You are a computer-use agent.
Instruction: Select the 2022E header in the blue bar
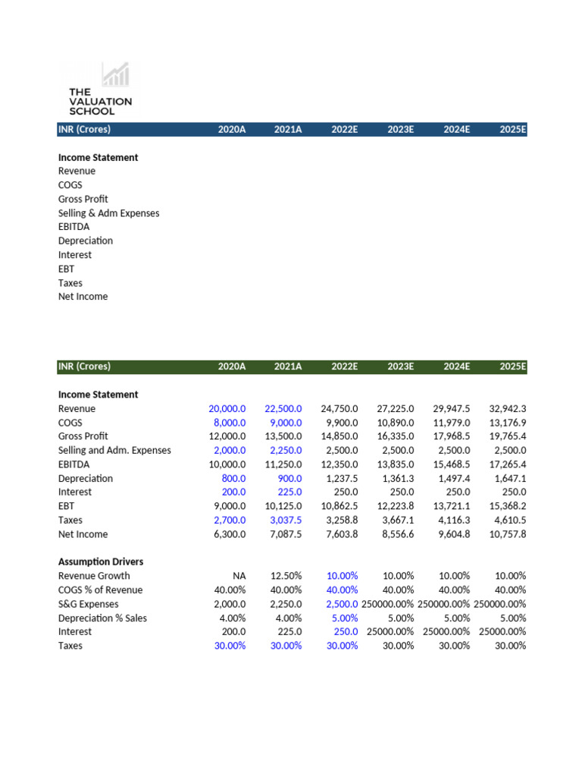point(344,130)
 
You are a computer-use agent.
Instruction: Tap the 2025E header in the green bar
point(513,366)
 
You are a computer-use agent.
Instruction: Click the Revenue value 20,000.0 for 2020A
point(227,409)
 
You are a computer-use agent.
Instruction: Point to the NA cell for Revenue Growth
point(239,576)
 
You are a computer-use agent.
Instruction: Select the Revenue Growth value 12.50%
point(286,576)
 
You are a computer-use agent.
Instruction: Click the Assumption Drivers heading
point(101,562)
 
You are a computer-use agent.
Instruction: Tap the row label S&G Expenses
point(89,604)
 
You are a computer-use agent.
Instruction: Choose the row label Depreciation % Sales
point(102,618)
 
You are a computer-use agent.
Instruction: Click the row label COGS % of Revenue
point(100,590)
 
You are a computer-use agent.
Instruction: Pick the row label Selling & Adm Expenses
point(108,213)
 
